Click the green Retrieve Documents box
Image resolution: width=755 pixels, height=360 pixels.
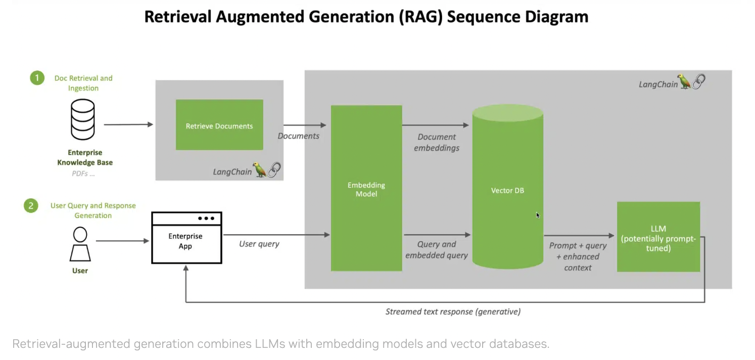coord(219,125)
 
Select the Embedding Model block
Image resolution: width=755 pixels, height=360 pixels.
coord(366,188)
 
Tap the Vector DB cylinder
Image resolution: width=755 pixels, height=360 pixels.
coord(507,190)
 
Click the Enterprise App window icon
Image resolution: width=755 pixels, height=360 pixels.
coord(186,238)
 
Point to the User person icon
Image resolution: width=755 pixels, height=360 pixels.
coord(80,244)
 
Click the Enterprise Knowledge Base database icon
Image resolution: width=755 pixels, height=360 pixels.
coord(82,119)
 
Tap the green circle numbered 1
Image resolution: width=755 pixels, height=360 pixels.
coord(37,78)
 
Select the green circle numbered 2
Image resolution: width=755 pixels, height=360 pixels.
coord(31,206)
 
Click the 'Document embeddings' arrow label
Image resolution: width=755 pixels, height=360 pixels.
coord(437,143)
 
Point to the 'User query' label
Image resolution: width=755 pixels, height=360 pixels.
coord(259,244)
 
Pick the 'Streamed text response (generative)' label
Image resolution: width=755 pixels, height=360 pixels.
coord(453,311)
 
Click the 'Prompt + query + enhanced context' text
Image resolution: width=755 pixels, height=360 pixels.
coord(578,256)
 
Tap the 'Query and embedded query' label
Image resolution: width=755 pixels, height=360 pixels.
coord(437,250)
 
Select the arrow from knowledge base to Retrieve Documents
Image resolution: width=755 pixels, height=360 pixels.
coord(128,124)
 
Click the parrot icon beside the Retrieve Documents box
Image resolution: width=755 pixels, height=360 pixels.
coord(259,170)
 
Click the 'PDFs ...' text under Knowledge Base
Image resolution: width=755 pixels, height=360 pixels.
coord(83,173)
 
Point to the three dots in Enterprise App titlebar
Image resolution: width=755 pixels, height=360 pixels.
coord(206,218)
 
